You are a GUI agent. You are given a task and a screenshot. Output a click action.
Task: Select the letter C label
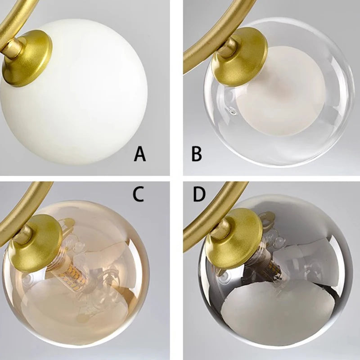click(x=138, y=194)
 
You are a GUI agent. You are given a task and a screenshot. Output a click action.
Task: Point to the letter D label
click(x=198, y=194)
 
